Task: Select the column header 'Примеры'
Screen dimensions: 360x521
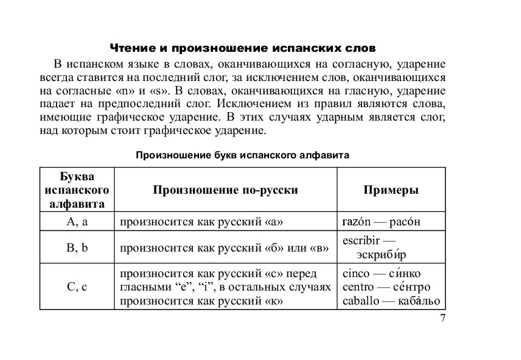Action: [391, 190]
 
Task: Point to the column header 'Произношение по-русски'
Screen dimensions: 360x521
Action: [225, 190]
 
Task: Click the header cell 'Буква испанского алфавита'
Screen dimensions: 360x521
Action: [77, 190]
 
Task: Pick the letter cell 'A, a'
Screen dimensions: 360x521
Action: [77, 222]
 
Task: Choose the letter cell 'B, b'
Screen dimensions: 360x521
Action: [77, 248]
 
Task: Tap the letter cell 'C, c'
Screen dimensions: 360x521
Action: [77, 287]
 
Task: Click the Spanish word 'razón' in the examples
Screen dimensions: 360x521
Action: [357, 222]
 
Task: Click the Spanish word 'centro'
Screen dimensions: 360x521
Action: [358, 287]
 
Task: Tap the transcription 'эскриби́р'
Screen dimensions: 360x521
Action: [381, 255]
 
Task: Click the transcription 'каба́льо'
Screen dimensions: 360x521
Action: [419, 301]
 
